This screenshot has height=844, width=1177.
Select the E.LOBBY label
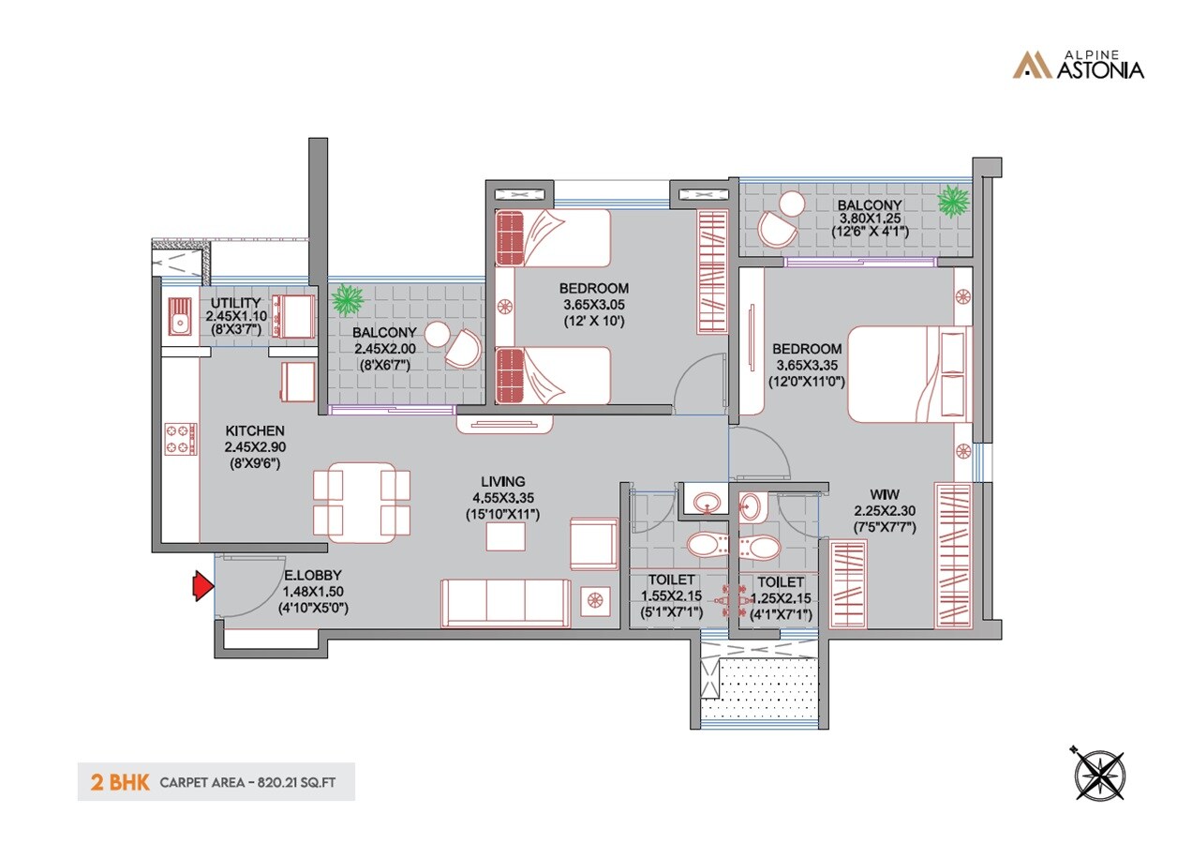click(313, 575)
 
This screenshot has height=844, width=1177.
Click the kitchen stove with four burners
click(181, 438)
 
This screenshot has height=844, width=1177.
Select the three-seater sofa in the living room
click(506, 602)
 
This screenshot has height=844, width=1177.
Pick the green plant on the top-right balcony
click(954, 201)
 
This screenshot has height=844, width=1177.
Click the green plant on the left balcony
click(348, 301)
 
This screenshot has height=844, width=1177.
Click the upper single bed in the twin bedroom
click(553, 238)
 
